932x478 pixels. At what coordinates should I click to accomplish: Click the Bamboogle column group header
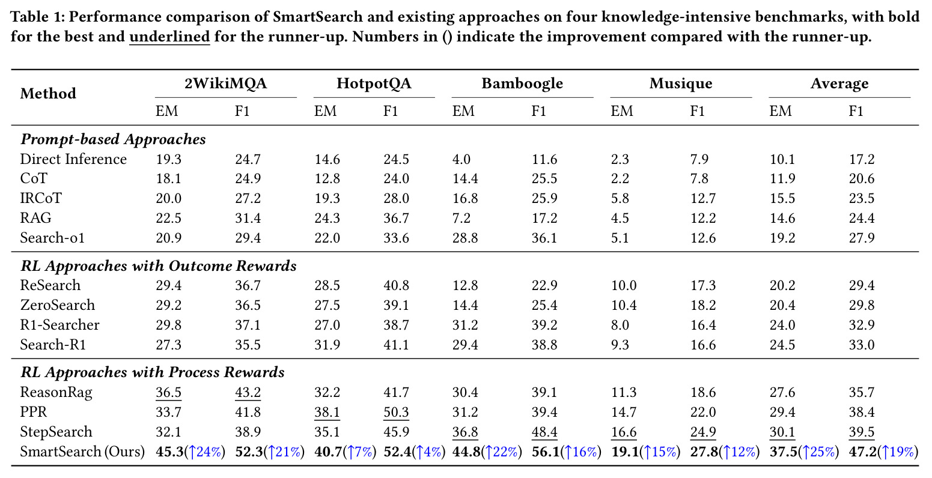click(522, 83)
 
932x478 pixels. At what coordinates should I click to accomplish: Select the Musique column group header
click(681, 83)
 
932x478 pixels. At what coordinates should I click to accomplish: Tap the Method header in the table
click(48, 94)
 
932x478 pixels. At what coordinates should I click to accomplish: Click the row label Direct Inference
click(73, 159)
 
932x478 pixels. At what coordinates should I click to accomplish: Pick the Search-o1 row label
click(52, 238)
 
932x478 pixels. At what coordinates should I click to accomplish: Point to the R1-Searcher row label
click(60, 325)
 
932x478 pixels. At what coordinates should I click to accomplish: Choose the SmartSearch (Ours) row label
click(82, 452)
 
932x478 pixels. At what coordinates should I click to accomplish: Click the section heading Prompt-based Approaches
click(113, 139)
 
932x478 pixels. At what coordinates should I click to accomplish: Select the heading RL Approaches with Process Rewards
click(153, 372)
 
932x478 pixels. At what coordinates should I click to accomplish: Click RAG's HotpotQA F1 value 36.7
click(396, 218)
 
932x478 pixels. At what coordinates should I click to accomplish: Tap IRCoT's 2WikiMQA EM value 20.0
click(168, 198)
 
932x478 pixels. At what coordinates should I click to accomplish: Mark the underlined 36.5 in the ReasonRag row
click(168, 393)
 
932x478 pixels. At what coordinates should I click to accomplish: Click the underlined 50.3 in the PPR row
click(396, 413)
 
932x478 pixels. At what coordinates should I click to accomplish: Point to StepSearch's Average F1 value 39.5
click(862, 432)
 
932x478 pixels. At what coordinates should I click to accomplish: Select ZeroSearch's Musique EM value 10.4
click(624, 306)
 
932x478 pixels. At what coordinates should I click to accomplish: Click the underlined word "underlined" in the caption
click(170, 37)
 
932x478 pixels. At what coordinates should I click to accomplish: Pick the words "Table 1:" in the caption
click(37, 17)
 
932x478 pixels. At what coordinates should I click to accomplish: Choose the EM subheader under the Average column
click(780, 111)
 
